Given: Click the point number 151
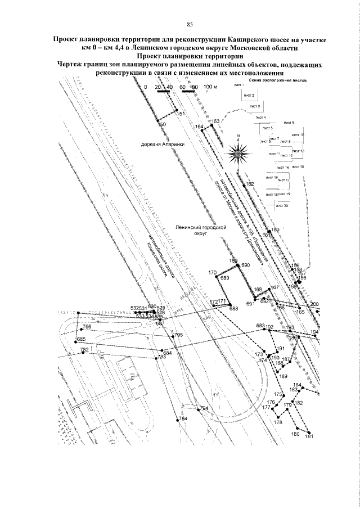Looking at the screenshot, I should click(x=181, y=114).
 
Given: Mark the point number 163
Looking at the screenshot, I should click(x=215, y=121).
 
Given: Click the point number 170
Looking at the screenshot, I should click(x=213, y=273).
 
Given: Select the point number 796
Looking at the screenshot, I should click(x=87, y=327).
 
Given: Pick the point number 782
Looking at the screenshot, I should click(x=85, y=350).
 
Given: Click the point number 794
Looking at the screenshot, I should click(x=204, y=408).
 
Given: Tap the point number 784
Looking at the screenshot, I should click(x=182, y=419).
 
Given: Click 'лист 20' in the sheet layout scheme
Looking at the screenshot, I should click(x=282, y=206).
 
